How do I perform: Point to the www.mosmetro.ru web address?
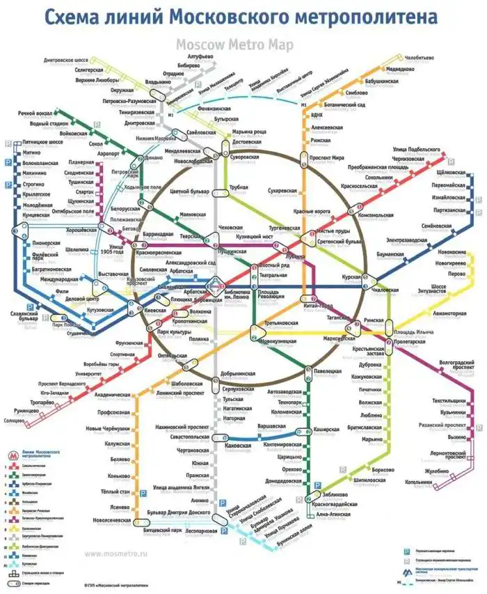tap(116, 554)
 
